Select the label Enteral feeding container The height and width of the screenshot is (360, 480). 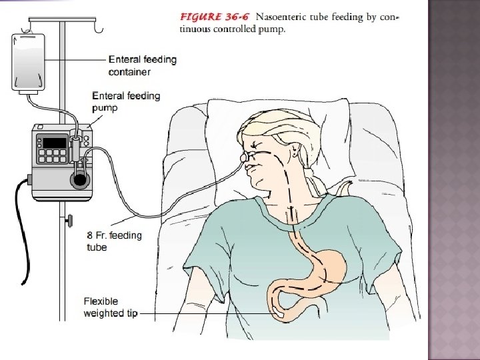142,65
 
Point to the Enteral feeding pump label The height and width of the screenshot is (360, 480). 126,101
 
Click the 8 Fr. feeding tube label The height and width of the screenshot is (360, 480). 115,241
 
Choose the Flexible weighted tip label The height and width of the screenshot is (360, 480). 110,307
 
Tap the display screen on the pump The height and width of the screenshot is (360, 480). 53,142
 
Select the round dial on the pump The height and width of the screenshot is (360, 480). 80,178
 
